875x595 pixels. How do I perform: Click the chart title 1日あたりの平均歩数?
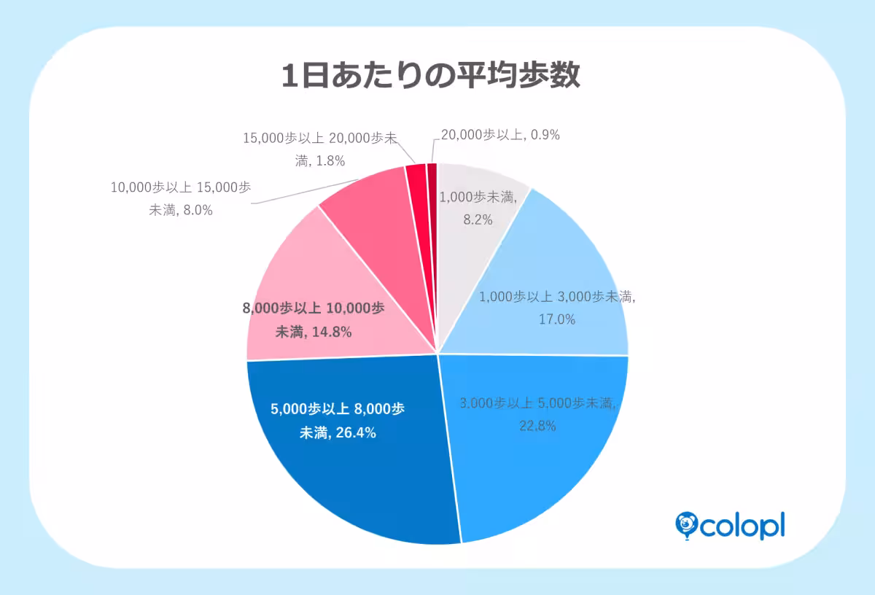(x=431, y=76)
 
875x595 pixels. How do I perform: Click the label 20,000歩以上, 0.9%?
(x=500, y=135)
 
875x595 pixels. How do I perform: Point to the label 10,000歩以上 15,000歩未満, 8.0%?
(x=180, y=198)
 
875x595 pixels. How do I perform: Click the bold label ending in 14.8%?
(x=314, y=319)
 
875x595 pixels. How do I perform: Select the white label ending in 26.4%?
(x=337, y=421)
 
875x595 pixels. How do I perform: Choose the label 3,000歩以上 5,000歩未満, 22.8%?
(x=538, y=413)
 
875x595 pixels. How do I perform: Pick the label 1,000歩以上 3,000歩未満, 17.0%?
(x=557, y=308)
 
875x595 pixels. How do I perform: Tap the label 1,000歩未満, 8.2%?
(x=478, y=207)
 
